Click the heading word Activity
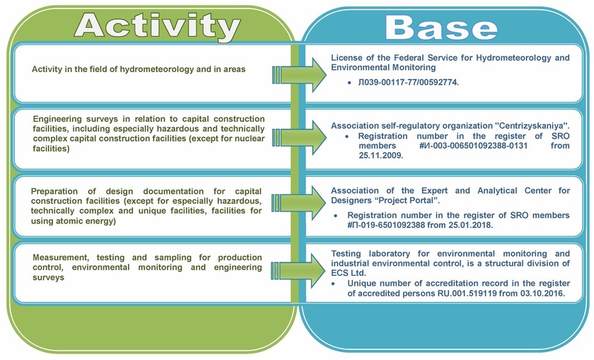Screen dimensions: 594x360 pyautogui.click(x=157, y=25)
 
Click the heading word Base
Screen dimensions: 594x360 pyautogui.click(x=441, y=28)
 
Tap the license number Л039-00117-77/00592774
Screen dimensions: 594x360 pyautogui.click(x=409, y=82)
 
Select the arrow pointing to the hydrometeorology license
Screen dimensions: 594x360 pyautogui.click(x=299, y=75)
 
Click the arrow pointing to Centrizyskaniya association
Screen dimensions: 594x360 pyautogui.click(x=299, y=137)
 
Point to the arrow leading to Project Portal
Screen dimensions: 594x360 pyautogui.click(x=299, y=203)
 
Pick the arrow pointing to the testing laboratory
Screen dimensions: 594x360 pyautogui.click(x=299, y=271)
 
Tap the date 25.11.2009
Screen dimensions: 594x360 pyautogui.click(x=380, y=156)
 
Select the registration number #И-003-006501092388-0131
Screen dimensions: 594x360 pyautogui.click(x=473, y=146)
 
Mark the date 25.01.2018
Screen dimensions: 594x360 pyautogui.click(x=471, y=225)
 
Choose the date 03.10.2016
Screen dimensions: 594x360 pyautogui.click(x=543, y=294)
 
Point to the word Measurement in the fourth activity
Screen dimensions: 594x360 pyautogui.click(x=61, y=257)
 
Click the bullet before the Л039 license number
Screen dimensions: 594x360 pyautogui.click(x=349, y=82)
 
